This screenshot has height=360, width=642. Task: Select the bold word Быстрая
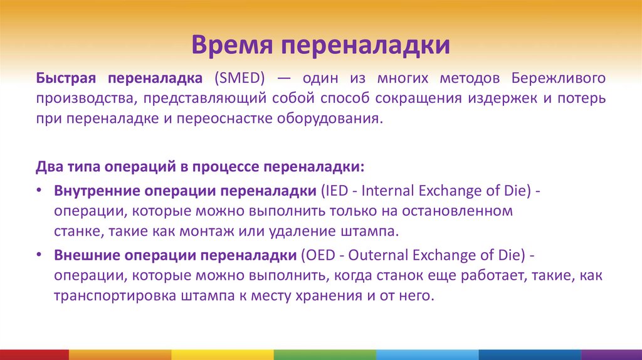[x=65, y=78]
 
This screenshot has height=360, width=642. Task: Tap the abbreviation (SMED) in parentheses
[x=239, y=78]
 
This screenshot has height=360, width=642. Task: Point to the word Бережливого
[x=558, y=78]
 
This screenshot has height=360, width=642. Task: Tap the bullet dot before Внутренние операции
[x=39, y=190]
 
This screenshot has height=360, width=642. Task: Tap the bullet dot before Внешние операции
[x=39, y=255]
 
